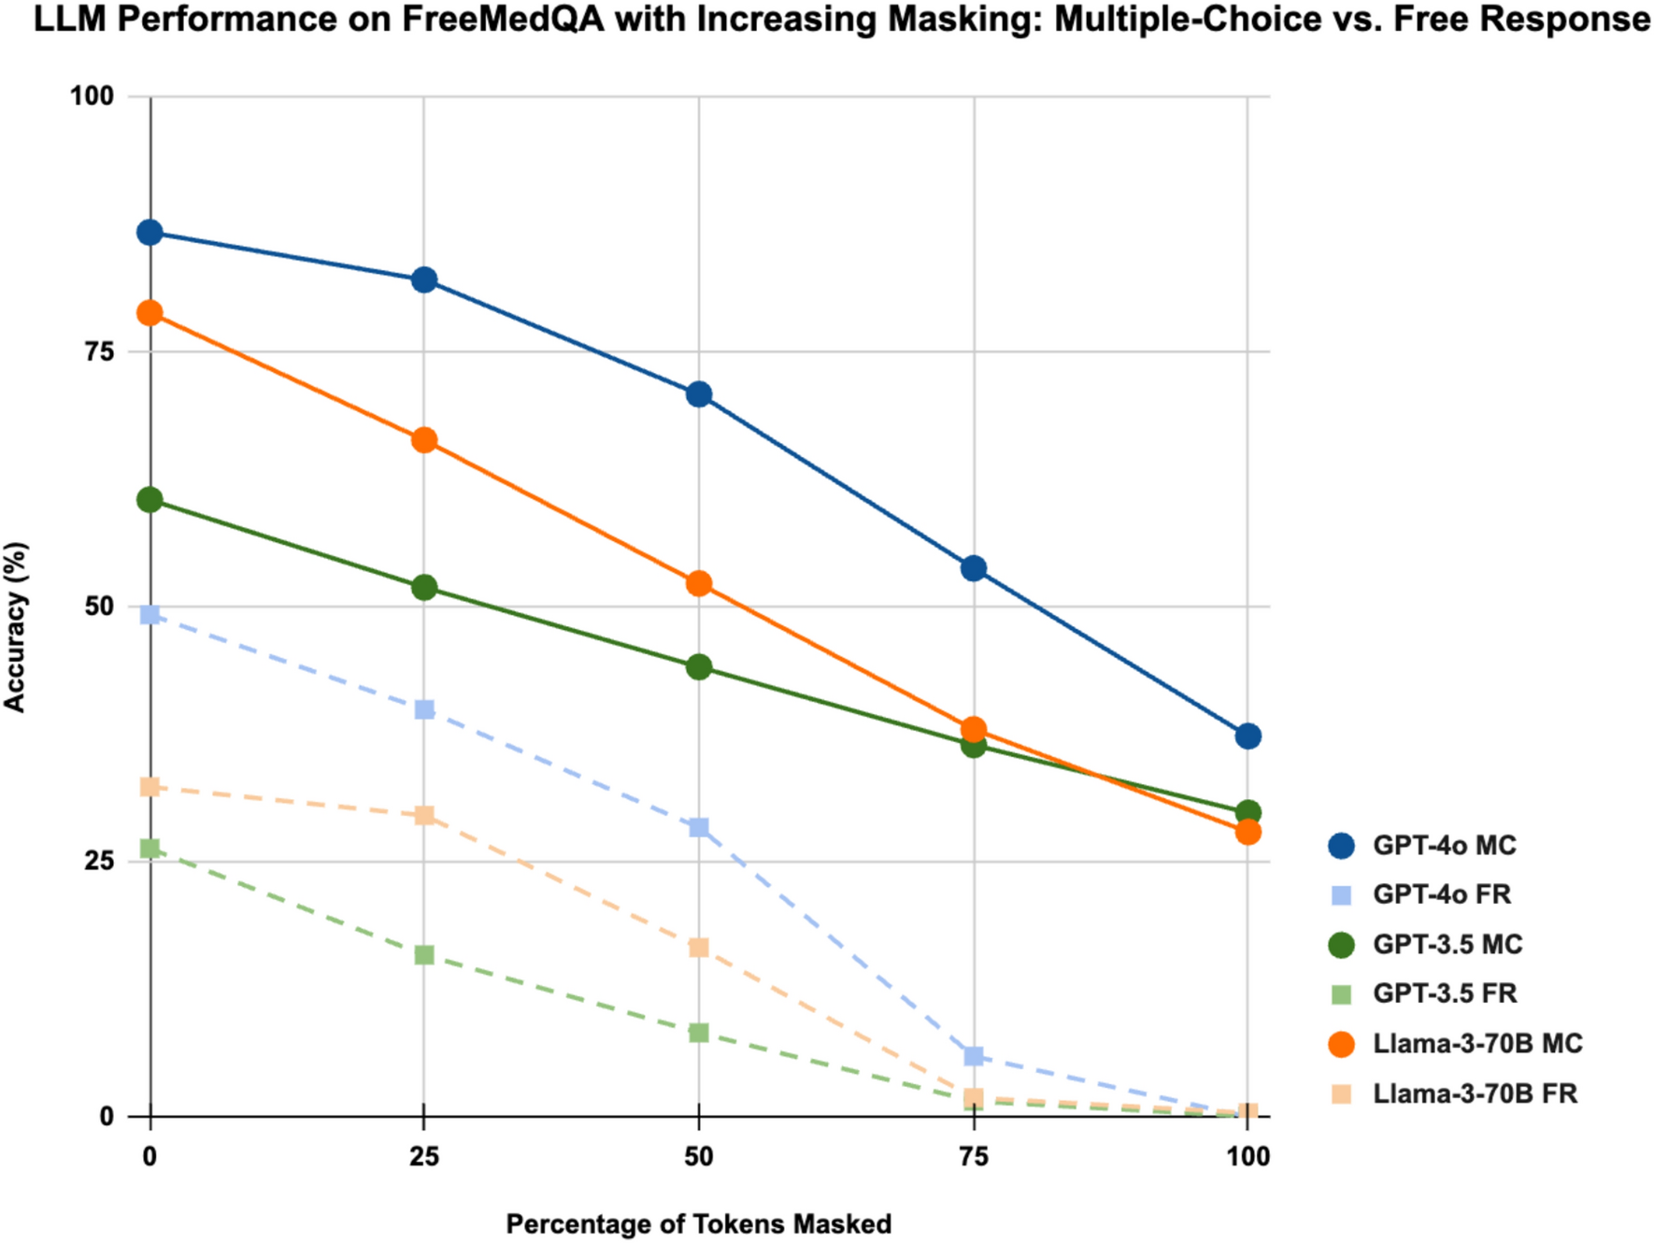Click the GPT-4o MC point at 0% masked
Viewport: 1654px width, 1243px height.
(150, 232)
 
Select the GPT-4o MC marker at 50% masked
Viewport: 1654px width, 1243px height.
(698, 394)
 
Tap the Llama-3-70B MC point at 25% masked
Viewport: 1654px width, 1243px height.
(424, 440)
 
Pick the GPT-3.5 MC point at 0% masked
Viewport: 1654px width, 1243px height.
(150, 500)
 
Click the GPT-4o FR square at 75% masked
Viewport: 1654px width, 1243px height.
(974, 1056)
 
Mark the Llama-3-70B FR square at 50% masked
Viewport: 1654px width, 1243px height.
(698, 948)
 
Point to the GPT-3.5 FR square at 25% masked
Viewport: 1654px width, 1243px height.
(424, 954)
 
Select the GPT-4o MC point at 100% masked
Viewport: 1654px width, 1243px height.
(1248, 736)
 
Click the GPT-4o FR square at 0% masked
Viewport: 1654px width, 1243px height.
(150, 614)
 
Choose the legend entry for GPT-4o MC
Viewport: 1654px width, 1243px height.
(1444, 846)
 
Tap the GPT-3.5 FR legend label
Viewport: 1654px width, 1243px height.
(1444, 993)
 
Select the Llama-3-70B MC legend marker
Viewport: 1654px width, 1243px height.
(1341, 1044)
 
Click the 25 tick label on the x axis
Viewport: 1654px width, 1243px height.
(424, 1157)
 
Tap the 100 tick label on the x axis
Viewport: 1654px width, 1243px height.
(1248, 1157)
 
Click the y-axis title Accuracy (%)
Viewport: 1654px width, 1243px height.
(15, 627)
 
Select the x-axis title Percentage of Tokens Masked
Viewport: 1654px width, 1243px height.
(698, 1223)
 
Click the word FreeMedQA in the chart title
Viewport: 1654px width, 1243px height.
(503, 20)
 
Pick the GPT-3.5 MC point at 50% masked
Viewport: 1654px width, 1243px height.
(698, 666)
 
